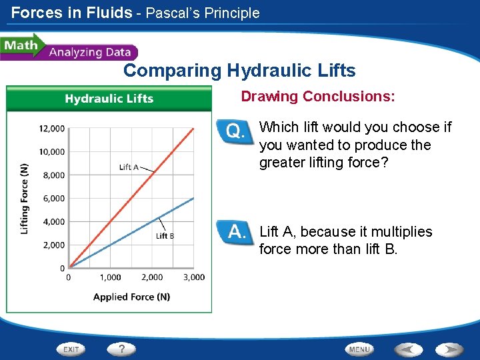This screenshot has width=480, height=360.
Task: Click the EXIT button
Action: [71, 349]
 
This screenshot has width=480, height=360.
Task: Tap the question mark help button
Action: [121, 349]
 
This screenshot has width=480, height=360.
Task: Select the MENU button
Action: [359, 349]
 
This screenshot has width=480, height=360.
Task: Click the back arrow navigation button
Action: [407, 349]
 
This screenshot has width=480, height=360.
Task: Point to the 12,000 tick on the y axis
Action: [51, 128]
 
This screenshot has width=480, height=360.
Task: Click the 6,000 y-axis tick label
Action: [53, 198]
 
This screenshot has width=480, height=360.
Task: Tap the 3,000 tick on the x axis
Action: [194, 277]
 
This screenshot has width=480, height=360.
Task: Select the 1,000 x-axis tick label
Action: [111, 277]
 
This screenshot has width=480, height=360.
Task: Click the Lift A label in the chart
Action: [129, 167]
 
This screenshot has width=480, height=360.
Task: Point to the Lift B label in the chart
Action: [165, 235]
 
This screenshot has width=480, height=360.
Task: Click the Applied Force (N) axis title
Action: [131, 297]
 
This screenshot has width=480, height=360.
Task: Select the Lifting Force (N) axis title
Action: [25, 198]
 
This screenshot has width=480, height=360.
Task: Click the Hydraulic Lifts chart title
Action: [109, 99]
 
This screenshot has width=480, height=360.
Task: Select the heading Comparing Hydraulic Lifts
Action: [239, 71]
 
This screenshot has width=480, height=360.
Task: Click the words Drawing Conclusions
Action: [317, 97]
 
